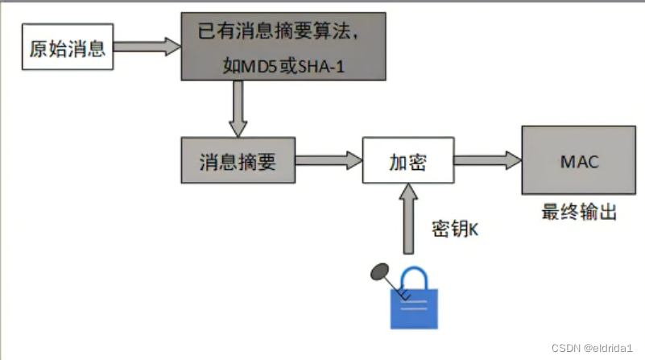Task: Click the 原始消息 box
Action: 67,48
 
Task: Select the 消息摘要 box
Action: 237,162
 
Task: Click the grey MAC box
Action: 579,160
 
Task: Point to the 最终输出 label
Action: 579,212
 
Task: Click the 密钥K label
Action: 455,229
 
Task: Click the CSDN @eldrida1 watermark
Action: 594,346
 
